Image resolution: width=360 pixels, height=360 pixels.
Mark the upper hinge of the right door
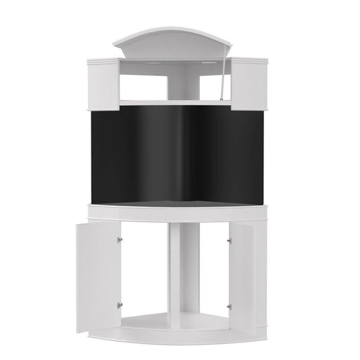(x=230, y=238)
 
